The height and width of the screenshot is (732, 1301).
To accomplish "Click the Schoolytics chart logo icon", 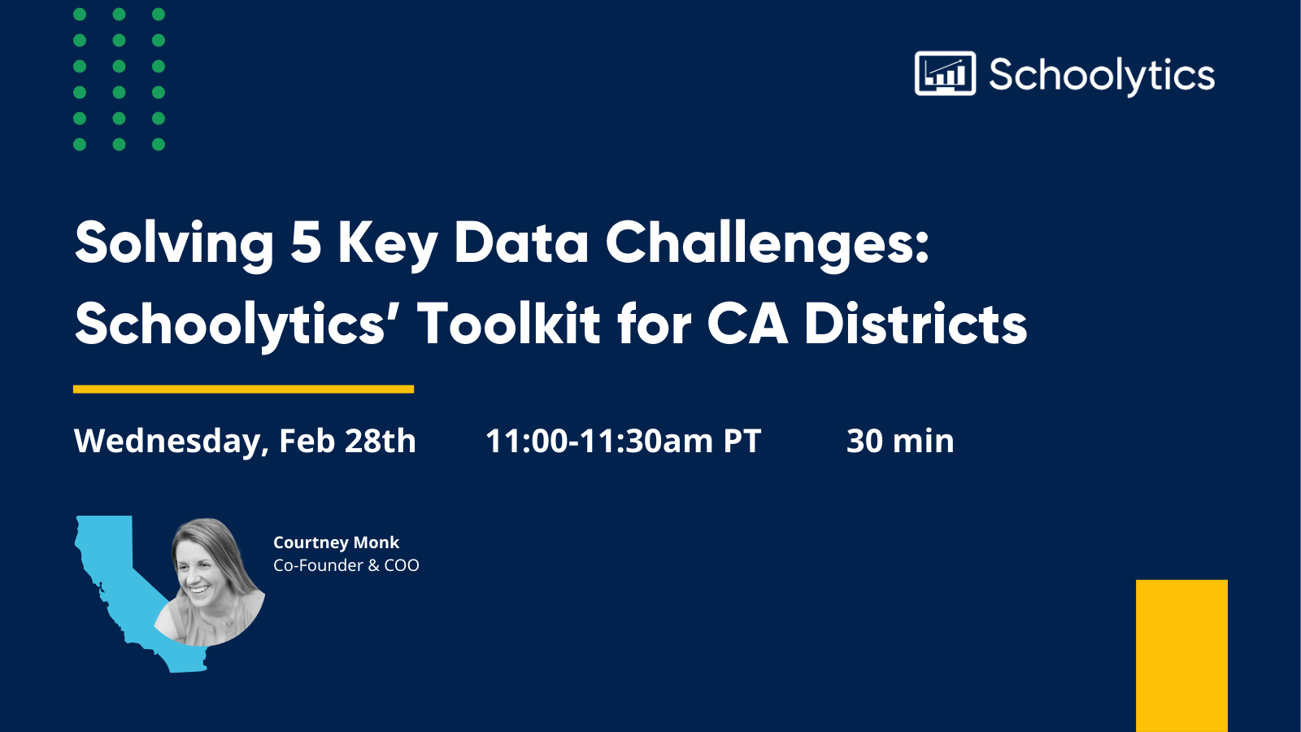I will click(945, 74).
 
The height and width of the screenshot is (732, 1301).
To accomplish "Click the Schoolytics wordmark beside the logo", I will click(1102, 76).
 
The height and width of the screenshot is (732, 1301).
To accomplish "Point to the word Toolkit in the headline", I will click(509, 324).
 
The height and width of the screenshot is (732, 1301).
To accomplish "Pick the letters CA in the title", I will click(746, 324).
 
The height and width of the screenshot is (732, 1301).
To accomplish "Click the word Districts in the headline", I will click(916, 324).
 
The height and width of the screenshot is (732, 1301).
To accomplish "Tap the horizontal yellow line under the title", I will click(243, 390).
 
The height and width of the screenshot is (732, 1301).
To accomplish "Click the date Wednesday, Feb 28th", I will click(245, 441).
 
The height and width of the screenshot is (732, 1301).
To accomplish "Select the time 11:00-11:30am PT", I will click(623, 441).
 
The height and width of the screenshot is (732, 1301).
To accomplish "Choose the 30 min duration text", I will click(900, 441).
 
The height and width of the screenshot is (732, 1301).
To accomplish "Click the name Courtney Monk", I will click(336, 542).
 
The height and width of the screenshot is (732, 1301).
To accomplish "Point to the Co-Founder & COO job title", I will click(346, 565).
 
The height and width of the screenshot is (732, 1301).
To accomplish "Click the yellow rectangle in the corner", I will click(1181, 655).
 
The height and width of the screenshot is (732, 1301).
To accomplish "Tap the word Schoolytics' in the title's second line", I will click(230, 324).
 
